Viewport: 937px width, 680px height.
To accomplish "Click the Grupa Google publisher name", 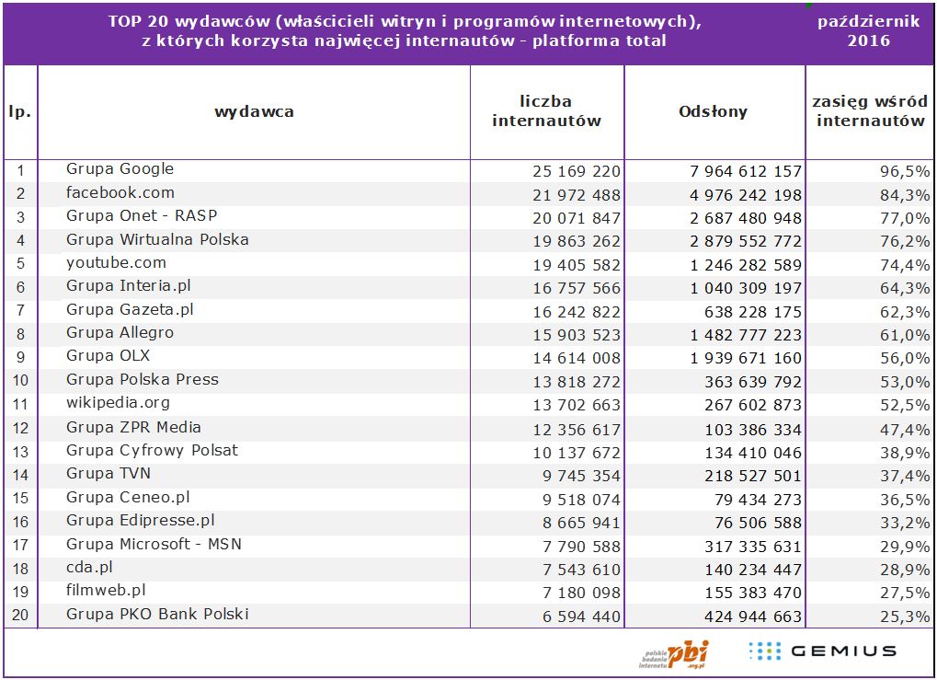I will pyautogui.click(x=120, y=169).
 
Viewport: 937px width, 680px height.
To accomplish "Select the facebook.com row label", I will pyautogui.click(x=120, y=193).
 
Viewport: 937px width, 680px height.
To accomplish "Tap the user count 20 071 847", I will pyautogui.click(x=577, y=218).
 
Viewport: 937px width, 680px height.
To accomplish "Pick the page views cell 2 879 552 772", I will pyautogui.click(x=745, y=242).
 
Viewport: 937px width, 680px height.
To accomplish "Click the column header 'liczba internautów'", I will pyautogui.click(x=546, y=111).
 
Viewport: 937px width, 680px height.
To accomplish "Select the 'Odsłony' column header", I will pyautogui.click(x=713, y=111).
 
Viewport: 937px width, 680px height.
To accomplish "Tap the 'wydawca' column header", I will pyautogui.click(x=254, y=111).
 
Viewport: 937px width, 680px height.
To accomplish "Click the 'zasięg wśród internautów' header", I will pyautogui.click(x=870, y=111).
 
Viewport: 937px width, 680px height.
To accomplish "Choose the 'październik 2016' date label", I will pyautogui.click(x=868, y=31).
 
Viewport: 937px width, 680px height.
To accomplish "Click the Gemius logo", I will pyautogui.click(x=821, y=651).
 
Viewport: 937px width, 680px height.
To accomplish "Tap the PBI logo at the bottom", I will pyautogui.click(x=676, y=653).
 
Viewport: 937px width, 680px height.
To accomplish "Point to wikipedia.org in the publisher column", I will pyautogui.click(x=118, y=403).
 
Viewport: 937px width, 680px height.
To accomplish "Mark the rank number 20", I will pyautogui.click(x=20, y=616).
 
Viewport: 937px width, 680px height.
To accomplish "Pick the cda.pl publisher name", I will pyautogui.click(x=89, y=568).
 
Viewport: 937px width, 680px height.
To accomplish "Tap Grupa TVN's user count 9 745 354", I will pyautogui.click(x=577, y=476).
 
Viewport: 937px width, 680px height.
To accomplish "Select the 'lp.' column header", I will pyautogui.click(x=20, y=111).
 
